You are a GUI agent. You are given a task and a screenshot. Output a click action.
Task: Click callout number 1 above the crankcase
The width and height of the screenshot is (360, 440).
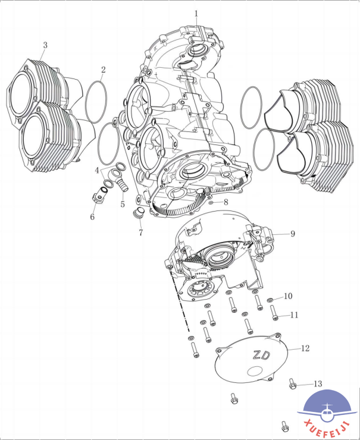[196, 14]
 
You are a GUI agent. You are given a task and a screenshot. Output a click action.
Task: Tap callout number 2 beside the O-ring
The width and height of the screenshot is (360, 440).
[104, 70]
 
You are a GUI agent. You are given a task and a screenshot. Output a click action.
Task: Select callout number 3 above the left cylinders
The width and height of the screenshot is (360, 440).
[45, 45]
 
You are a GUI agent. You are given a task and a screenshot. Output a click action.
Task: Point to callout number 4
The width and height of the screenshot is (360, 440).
[97, 170]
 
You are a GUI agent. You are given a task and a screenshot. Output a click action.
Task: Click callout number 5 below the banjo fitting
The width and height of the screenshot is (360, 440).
[123, 204]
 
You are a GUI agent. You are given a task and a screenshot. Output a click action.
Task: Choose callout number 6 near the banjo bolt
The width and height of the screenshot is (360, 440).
[92, 217]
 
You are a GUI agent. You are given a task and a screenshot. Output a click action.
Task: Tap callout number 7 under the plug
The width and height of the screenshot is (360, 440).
[140, 232]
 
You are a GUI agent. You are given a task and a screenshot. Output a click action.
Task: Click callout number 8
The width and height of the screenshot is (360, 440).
[226, 202]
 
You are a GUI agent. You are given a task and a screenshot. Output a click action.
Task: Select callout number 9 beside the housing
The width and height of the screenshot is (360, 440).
[293, 234]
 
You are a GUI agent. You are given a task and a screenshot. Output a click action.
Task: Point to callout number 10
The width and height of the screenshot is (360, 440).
[288, 296]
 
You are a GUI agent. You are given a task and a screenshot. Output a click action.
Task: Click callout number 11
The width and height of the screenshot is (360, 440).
[294, 315]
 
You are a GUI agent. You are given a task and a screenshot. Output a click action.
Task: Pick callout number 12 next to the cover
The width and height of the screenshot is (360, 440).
[305, 348]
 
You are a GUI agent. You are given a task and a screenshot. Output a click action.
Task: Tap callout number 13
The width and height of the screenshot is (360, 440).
[318, 384]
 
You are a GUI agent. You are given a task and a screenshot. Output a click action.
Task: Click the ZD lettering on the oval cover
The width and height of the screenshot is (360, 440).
[261, 355]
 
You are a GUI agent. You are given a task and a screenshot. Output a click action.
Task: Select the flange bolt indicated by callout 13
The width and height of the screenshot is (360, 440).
[292, 384]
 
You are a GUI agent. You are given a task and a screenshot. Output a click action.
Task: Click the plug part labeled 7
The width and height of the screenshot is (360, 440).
[138, 213]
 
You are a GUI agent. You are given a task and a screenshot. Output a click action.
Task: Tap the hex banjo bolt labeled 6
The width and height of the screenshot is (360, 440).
[99, 195]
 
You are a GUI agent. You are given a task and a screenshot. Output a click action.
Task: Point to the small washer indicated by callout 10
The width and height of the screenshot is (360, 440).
[270, 300]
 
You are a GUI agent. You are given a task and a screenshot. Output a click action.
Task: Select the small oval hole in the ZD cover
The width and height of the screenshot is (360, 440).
[255, 370]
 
